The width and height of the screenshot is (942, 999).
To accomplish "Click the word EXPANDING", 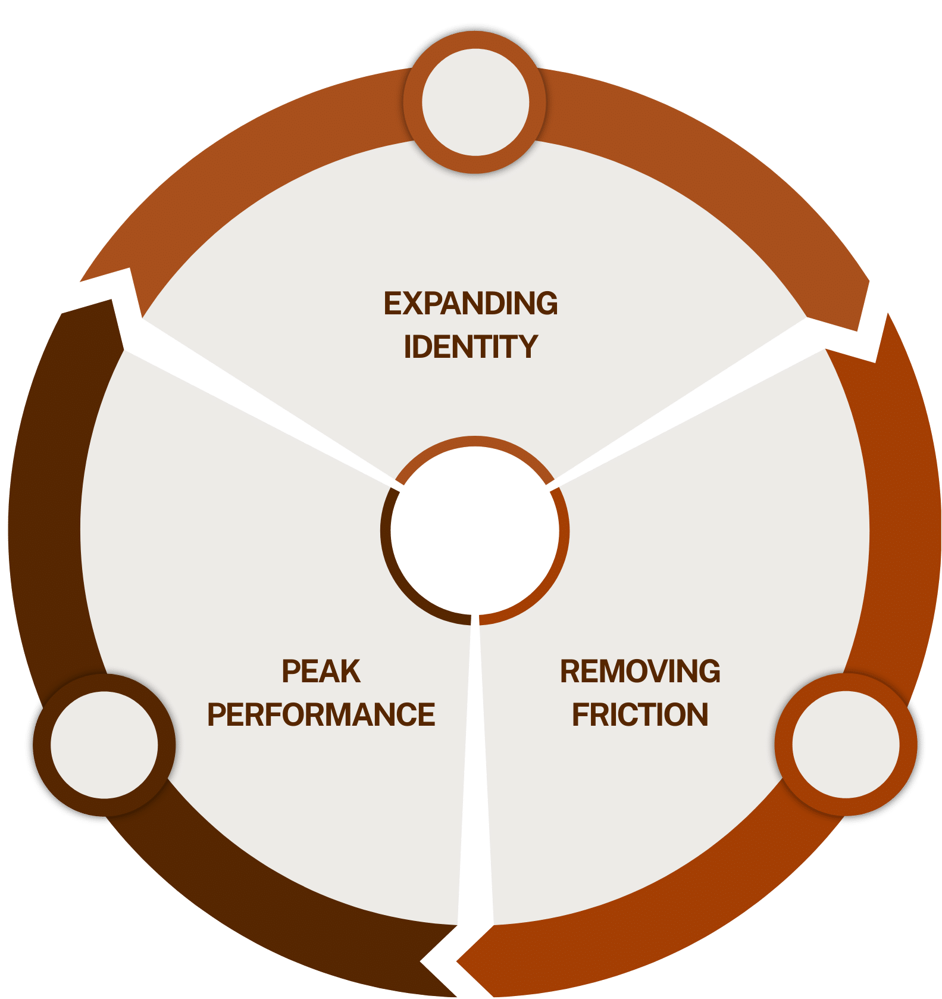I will pos(470,304).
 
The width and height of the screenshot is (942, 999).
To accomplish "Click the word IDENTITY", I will pos(470,347).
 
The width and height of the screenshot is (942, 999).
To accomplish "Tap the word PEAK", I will pos(321,672).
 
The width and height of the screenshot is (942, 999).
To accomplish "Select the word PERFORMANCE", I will pos(321,714).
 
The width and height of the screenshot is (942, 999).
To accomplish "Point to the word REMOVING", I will pos(640,672).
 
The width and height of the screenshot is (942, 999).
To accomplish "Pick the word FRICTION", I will pos(640,714).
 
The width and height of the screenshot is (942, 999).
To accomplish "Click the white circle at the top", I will pos(475,102).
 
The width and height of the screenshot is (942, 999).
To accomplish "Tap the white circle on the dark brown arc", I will pos(104,745).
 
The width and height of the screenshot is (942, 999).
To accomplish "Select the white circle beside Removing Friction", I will pos(846,745).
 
